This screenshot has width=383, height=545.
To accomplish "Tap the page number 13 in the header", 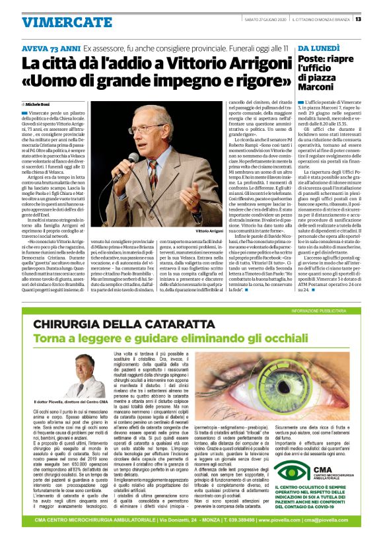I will [357, 18].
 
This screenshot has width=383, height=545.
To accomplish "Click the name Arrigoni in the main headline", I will [244, 65].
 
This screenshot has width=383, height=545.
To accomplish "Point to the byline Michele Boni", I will [38, 104].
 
